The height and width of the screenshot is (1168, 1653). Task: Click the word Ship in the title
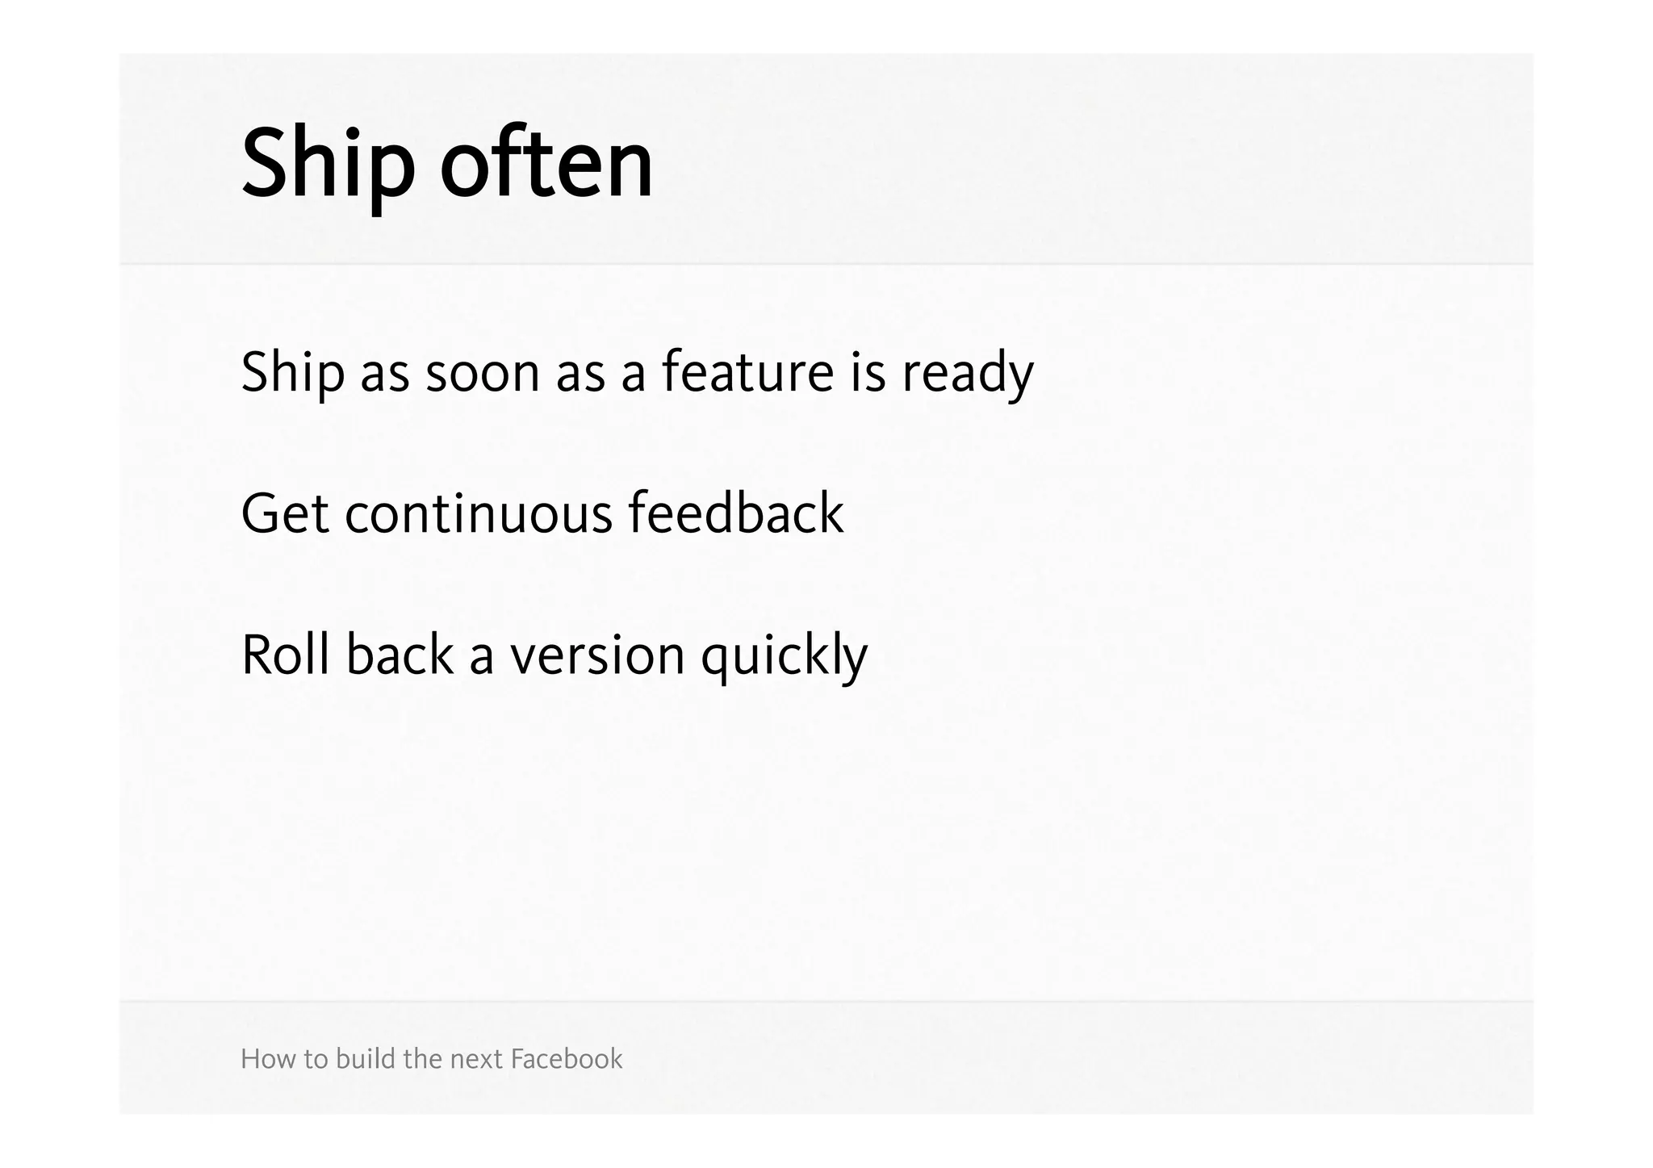click(328, 165)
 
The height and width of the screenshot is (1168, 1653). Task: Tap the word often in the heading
click(546, 165)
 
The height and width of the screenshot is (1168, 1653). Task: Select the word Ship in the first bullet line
click(292, 373)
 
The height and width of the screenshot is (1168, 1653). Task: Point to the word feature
click(747, 373)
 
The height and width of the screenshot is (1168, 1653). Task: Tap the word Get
click(284, 514)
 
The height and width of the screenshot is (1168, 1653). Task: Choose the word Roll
click(285, 655)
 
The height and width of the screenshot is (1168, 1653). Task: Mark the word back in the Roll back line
click(400, 655)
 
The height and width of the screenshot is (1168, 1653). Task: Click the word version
click(596, 656)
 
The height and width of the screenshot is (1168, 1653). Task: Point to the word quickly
click(784, 656)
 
